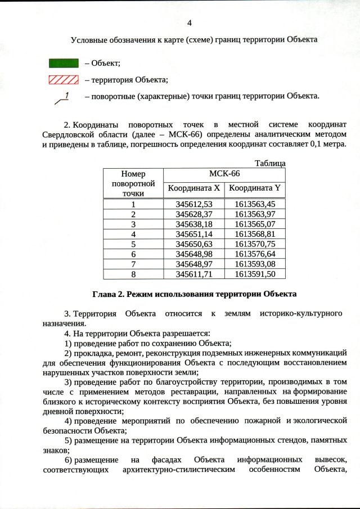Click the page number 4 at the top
pyautogui.click(x=189, y=23)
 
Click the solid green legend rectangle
pyautogui.click(x=64, y=63)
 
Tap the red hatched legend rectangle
pyautogui.click(x=64, y=79)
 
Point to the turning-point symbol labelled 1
pyautogui.click(x=62, y=98)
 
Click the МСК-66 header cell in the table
pyautogui.click(x=224, y=174)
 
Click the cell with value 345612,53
pyautogui.click(x=193, y=204)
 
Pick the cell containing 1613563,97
pyautogui.click(x=255, y=214)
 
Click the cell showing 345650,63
pyautogui.click(x=193, y=244)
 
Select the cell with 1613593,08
pyautogui.click(x=255, y=264)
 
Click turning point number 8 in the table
pyautogui.click(x=133, y=274)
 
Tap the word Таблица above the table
pyautogui.click(x=270, y=163)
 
